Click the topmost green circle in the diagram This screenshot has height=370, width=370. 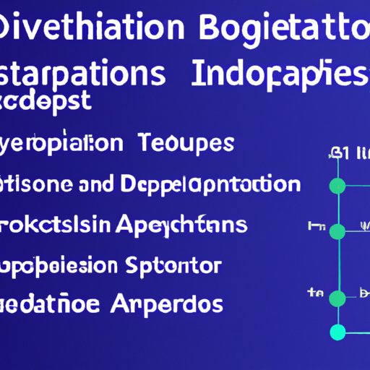tap(337, 186)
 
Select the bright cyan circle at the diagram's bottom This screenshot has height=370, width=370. tap(337, 332)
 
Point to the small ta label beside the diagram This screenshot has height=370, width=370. tap(315, 293)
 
